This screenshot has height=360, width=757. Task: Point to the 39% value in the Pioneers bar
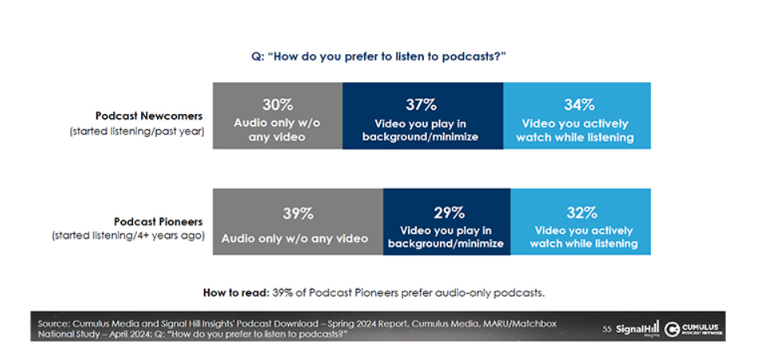[296, 213]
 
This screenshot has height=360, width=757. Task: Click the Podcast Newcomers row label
[150, 115]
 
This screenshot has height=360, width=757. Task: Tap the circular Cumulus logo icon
[672, 328]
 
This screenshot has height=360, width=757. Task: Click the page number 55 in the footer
[606, 328]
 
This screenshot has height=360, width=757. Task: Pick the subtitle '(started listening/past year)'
[137, 131]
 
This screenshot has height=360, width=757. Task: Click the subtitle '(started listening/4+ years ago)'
[129, 237]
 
